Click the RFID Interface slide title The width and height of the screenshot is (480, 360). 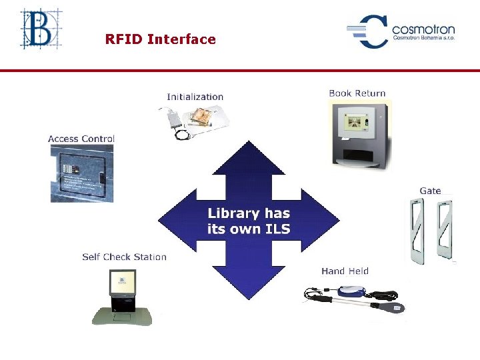pyautogui.click(x=160, y=39)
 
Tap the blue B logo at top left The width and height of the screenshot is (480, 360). pyautogui.click(x=41, y=28)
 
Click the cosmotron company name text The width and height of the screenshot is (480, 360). pyautogui.click(x=423, y=29)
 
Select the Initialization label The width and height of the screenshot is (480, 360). pyautogui.click(x=195, y=97)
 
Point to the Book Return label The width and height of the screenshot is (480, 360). pyautogui.click(x=357, y=93)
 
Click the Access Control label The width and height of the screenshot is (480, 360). pyautogui.click(x=81, y=139)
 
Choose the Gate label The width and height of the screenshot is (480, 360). pyautogui.click(x=430, y=191)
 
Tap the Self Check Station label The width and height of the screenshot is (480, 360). pyautogui.click(x=124, y=257)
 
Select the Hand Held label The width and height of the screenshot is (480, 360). pyautogui.click(x=345, y=271)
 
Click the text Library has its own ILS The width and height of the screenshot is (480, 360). pyautogui.click(x=249, y=221)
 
